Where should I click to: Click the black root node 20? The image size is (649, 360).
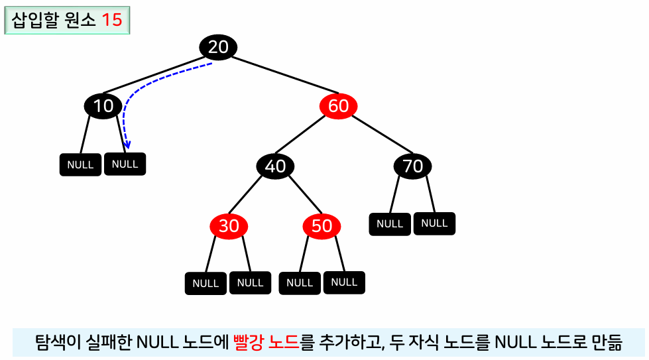pos(218,47)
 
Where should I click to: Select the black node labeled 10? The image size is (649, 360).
pos(103,106)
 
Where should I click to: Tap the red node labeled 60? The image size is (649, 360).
pos(338,106)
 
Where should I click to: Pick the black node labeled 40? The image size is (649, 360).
pos(275,166)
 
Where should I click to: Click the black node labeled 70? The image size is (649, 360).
pos(412,166)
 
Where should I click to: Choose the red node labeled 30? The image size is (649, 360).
pos(229,226)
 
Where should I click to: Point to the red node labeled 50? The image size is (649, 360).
pos(322,226)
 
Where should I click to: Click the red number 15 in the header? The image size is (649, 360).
pos(112,20)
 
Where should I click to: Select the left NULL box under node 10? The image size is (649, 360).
pos(80,164)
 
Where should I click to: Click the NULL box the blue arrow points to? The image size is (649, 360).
pos(125,164)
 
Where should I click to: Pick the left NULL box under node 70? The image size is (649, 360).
pos(390,224)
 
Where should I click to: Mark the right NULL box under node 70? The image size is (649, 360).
pos(434,223)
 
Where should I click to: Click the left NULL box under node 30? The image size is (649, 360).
pos(206,283)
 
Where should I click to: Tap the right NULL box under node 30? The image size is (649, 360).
pos(250,282)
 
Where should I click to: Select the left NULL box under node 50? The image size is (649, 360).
pos(300,283)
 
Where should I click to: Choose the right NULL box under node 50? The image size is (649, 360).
pos(343,282)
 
